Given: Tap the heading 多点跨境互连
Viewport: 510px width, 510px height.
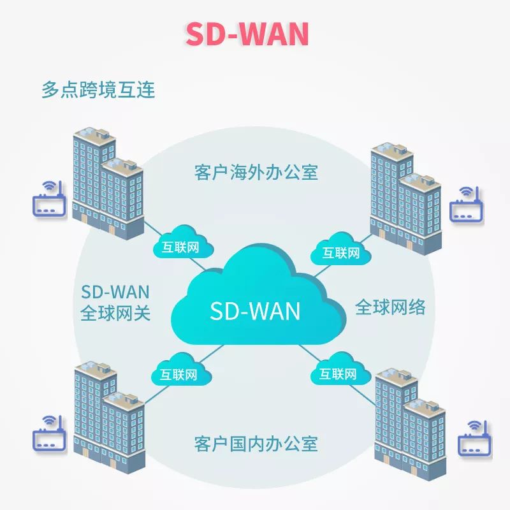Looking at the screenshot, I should click(x=98, y=89).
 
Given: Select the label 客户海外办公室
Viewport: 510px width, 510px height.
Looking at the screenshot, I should click(x=256, y=172).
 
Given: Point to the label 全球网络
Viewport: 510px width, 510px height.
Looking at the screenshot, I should click(x=390, y=308).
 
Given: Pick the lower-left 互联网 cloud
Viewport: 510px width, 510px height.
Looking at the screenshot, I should click(x=178, y=373).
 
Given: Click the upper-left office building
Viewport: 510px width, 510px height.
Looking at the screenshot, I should click(x=106, y=185).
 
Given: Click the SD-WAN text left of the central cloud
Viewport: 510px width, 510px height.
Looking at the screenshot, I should click(x=115, y=292).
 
